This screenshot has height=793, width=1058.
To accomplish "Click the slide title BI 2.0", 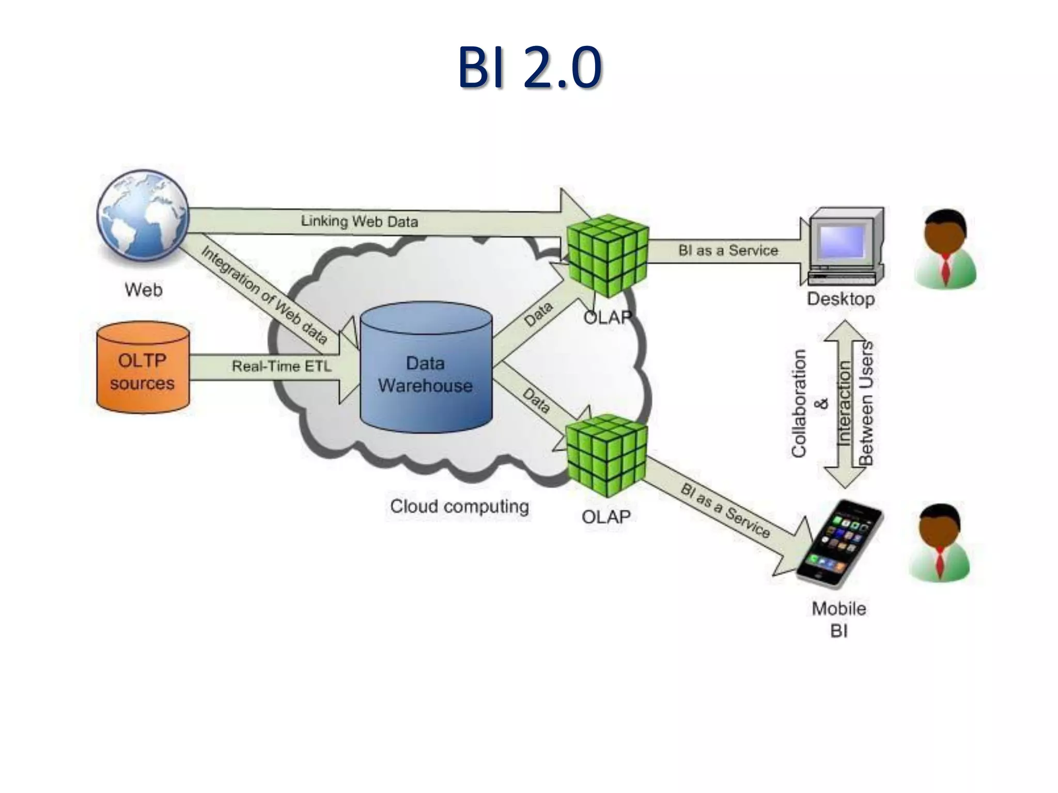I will coord(529,67).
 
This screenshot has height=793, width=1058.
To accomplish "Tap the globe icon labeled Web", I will coord(143,217).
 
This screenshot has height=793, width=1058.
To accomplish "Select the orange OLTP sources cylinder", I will coord(143,368).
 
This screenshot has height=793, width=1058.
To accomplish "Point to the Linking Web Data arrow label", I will coord(360,221).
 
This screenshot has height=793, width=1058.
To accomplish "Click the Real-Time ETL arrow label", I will coord(282,367).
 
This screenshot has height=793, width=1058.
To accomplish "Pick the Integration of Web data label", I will coord(264,295).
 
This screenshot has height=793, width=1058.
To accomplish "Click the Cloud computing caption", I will coord(459,506).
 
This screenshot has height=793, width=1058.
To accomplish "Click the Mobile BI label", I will coord(839,620).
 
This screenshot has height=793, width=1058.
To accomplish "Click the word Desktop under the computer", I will coord(841,299).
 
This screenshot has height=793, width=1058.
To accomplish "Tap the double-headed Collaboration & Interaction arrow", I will coord(844,404).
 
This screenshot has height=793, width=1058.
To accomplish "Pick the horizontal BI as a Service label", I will coord(728,251).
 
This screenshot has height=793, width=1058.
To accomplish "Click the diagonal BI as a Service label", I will coord(725,511).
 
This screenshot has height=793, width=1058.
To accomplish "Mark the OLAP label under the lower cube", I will coord(606,517).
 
